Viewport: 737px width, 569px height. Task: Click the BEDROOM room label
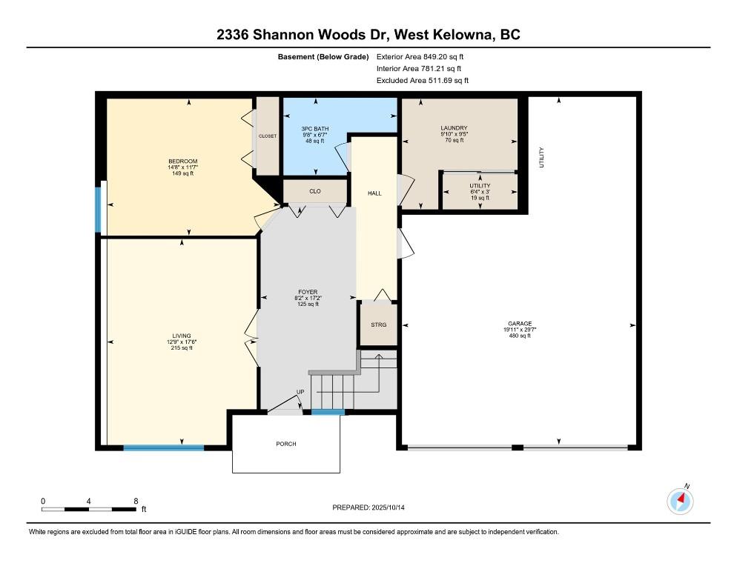183,162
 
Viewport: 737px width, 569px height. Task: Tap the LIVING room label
182,336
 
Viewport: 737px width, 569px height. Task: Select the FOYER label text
308,292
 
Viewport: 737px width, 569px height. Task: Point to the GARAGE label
520,324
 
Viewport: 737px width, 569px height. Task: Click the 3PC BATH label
315,129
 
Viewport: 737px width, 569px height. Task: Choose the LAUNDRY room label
454,127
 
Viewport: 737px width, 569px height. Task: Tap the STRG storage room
378,325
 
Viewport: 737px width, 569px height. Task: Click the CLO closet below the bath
315,191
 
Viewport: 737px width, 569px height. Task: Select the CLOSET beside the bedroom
268,136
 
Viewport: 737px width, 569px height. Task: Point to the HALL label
374,193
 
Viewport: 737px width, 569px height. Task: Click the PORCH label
286,444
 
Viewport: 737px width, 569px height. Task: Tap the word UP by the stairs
300,392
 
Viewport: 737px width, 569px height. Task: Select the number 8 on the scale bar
136,502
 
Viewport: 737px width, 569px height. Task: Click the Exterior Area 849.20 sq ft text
420,57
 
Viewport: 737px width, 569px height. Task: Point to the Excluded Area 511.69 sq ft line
423,80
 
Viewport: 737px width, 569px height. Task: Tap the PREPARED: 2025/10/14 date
368,508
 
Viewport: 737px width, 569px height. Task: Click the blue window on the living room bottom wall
164,447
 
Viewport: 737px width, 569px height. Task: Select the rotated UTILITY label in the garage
541,157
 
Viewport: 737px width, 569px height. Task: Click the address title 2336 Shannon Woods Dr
303,35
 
